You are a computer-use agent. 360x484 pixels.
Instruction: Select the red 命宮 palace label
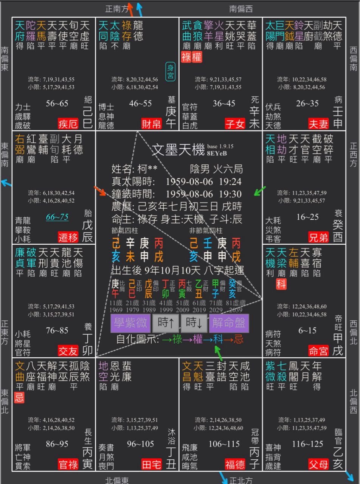tap(319, 351)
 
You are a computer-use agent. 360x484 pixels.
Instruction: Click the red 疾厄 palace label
tap(68, 124)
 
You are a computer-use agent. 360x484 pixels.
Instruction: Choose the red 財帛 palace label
tap(152, 124)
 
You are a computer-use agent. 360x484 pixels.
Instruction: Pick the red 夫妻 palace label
tap(319, 124)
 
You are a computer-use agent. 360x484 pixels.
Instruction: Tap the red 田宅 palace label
tap(152, 464)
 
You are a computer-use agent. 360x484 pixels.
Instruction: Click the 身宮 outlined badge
tap(170, 72)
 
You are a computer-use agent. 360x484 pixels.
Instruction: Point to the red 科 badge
tap(281, 284)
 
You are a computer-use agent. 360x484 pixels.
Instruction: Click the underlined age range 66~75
tap(57, 217)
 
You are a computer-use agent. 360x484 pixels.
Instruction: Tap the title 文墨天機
tap(178, 150)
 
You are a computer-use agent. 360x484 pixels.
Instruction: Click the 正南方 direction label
tap(117, 9)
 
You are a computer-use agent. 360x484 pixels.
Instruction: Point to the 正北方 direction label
tap(241, 480)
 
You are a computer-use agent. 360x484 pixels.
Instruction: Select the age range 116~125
tap(307, 444)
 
